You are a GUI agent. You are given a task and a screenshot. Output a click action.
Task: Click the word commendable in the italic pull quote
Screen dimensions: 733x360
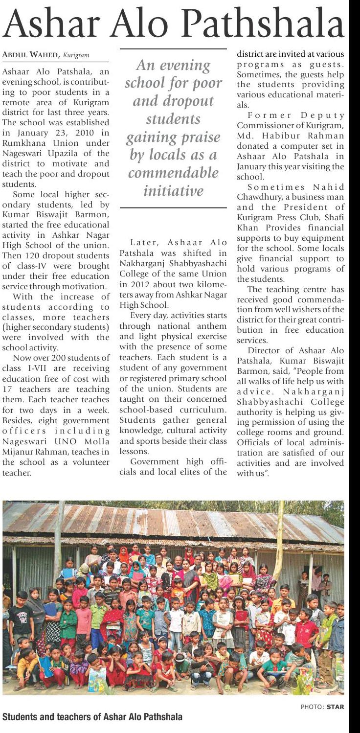click(174, 173)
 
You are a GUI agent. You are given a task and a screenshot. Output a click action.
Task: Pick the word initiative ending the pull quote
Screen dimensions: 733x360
click(173, 190)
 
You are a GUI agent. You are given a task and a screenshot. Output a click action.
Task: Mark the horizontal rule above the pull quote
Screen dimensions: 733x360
click(173, 49)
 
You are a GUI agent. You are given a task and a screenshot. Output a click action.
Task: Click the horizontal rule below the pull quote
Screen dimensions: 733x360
click(173, 208)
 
